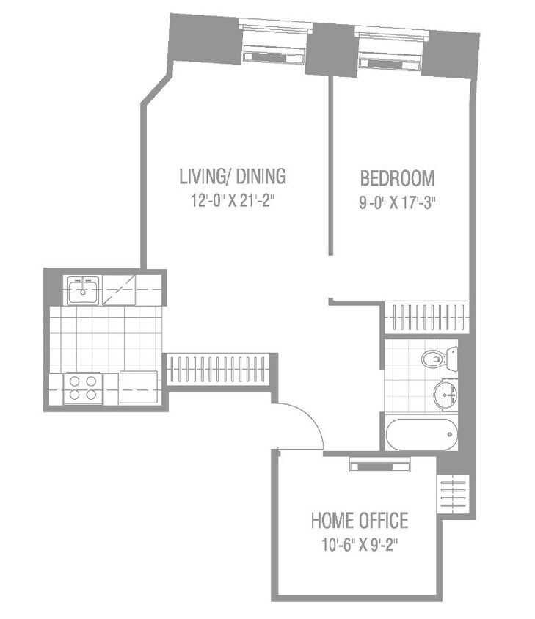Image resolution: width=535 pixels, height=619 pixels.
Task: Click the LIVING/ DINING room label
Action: [x=233, y=177]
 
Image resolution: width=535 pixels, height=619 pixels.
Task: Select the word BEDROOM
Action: [x=397, y=178]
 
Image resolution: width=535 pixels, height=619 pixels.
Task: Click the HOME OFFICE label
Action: [x=359, y=521]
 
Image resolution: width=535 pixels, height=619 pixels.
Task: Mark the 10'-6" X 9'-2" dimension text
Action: [x=359, y=546]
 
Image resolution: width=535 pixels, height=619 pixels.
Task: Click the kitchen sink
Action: [x=83, y=291]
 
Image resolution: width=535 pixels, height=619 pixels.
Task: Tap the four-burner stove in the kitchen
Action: [x=82, y=387]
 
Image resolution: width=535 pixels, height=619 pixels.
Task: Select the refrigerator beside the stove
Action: [x=138, y=387]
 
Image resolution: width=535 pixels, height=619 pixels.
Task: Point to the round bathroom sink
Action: [x=445, y=394]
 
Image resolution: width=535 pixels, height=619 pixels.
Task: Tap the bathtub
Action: [x=421, y=434]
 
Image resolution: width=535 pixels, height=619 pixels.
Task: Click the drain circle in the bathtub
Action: [x=449, y=434]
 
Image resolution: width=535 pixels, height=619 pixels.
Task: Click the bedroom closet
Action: [x=426, y=317]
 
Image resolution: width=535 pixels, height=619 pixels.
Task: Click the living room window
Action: [x=273, y=45]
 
